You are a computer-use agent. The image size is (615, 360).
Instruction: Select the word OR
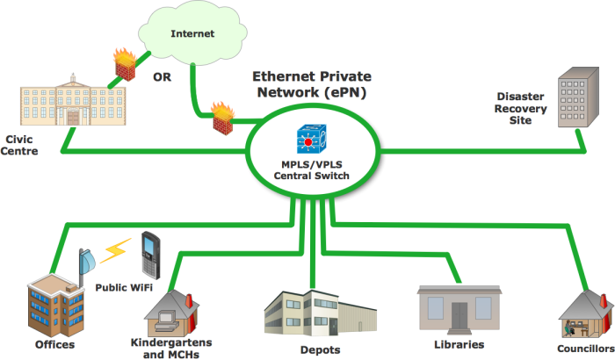(161, 77)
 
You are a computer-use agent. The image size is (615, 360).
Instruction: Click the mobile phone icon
(150, 252)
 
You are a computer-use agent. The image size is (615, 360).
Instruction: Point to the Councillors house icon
(584, 313)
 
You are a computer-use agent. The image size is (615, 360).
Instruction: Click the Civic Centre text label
(25, 144)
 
